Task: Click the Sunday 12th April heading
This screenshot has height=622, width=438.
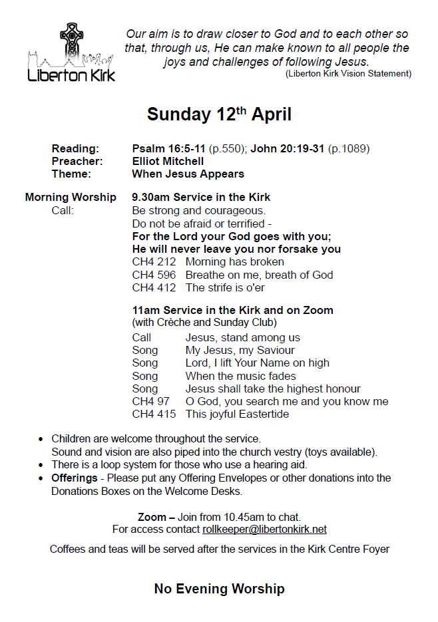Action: pos(219,114)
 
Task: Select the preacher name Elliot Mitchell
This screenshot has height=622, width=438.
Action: pos(168,161)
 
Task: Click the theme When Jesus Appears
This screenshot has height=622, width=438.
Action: pos(188,174)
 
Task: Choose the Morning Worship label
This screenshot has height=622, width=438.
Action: pos(71,198)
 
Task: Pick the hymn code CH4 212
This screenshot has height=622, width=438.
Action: pos(154,262)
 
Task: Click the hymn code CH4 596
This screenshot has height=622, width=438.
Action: pos(154,275)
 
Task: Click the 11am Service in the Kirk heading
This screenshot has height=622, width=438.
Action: pos(232,311)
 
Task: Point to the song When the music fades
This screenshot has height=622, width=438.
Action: pos(240,376)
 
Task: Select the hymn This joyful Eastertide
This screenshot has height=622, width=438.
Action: pos(237,414)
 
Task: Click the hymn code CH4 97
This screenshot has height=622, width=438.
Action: pos(150,402)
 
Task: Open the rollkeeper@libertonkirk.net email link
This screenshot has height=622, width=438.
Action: pos(264,530)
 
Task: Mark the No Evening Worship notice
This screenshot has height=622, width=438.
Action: pos(219,589)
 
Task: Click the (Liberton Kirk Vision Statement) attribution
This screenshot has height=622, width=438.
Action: pos(348,74)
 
